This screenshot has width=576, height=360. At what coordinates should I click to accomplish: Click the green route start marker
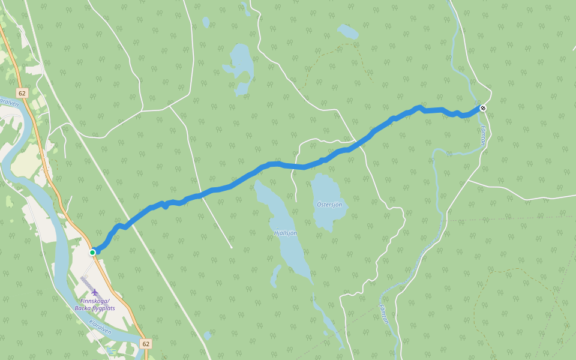pyautogui.click(x=92, y=253)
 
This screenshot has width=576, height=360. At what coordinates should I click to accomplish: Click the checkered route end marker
pyautogui.click(x=482, y=108)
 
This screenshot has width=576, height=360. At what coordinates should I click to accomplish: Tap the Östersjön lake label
pyautogui.click(x=329, y=205)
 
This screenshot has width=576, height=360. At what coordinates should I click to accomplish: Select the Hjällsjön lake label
pyautogui.click(x=285, y=233)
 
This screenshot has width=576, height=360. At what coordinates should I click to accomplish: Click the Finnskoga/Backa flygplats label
pyautogui.click(x=94, y=304)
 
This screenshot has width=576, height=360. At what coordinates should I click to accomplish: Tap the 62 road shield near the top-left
pyautogui.click(x=22, y=93)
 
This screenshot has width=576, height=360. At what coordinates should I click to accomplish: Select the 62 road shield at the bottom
pyautogui.click(x=146, y=344)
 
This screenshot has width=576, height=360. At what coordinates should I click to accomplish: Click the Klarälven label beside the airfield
pyautogui.click(x=100, y=326)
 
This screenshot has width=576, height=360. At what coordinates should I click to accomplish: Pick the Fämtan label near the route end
pyautogui.click(x=483, y=136)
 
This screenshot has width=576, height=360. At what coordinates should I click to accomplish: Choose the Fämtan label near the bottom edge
pyautogui.click(x=384, y=313)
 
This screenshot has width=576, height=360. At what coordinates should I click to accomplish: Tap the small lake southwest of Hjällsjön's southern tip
pyautogui.click(x=275, y=275)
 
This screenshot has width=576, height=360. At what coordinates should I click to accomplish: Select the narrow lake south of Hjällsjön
pyautogui.click(x=327, y=318)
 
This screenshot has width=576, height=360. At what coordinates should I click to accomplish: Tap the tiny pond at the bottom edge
pyautogui.click(x=207, y=335)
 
